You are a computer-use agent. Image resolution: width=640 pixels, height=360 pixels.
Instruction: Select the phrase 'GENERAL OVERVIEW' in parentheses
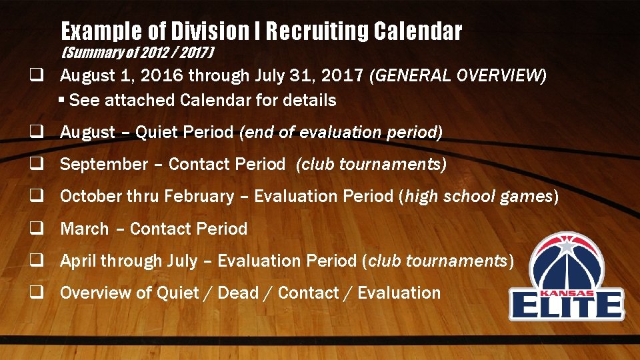tap(461, 75)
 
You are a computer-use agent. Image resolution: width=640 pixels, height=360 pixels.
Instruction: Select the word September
tap(104, 165)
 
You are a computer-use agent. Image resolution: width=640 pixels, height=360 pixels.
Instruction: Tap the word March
tap(84, 229)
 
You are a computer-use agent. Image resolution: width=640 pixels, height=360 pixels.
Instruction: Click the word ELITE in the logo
tap(566, 306)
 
